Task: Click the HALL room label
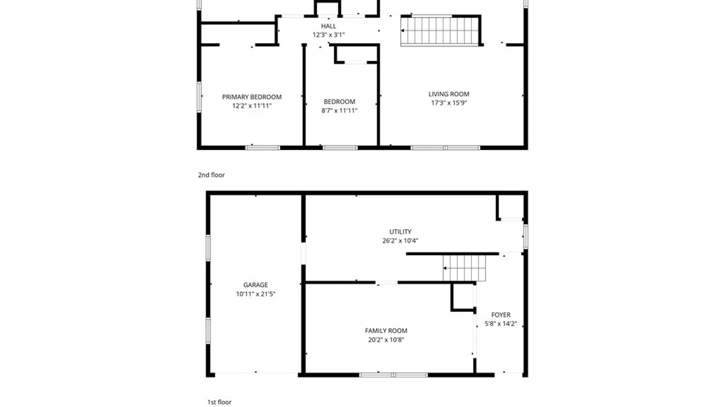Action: click(328, 26)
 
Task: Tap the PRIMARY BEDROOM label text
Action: click(252, 97)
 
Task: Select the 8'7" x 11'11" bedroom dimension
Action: click(339, 110)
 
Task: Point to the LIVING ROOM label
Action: click(449, 94)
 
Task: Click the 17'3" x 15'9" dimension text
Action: click(449, 103)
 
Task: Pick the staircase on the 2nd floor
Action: click(440, 31)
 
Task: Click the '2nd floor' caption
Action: click(211, 175)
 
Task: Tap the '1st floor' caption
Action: click(219, 402)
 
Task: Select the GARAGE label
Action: click(255, 285)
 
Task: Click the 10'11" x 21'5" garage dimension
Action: click(255, 294)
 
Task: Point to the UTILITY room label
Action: click(400, 232)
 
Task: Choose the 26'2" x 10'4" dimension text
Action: click(400, 240)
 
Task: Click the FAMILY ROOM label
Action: click(386, 330)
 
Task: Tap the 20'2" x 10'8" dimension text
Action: click(386, 340)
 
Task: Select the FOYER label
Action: click(501, 315)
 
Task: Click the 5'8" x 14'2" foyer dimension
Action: click(501, 323)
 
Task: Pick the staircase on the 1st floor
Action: click(464, 268)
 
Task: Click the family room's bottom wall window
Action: click(393, 375)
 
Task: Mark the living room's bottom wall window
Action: click(445, 148)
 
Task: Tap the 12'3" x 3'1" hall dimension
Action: click(328, 35)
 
